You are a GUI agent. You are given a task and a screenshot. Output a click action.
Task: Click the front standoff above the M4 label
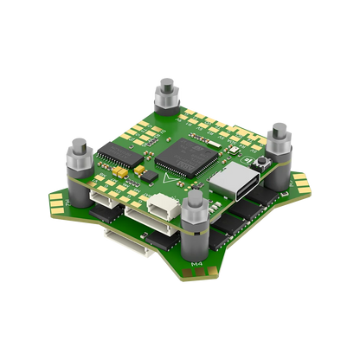pyautogui.click(x=192, y=226)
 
